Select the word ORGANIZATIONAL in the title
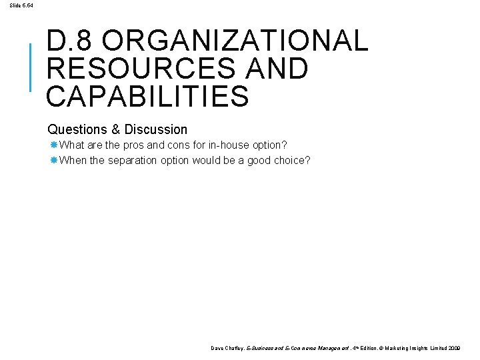click(235, 41)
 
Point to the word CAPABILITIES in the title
click(147, 96)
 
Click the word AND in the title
click(277, 69)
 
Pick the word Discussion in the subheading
click(156, 129)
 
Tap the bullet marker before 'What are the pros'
click(53, 145)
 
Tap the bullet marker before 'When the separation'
click(53, 160)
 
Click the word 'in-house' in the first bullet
click(232, 145)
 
